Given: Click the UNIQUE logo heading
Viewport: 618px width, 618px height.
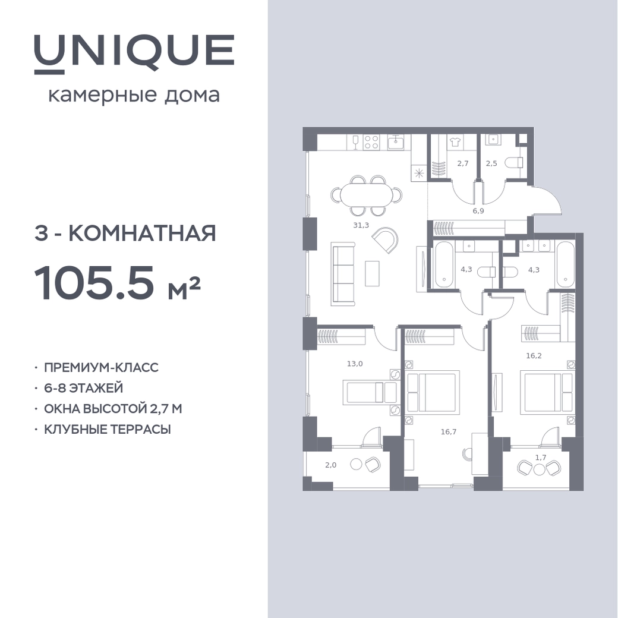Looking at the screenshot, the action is (134, 54).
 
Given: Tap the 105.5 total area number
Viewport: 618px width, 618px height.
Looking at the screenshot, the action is (94, 283).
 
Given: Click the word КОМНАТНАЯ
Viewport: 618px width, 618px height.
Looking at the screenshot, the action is (142, 234).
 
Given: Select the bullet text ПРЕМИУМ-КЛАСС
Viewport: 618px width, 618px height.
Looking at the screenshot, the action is (101, 367).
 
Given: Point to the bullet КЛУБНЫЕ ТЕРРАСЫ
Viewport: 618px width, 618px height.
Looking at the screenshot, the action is (108, 429).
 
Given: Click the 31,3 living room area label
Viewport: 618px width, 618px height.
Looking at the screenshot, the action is (361, 225).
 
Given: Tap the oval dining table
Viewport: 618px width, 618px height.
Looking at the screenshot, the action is (367, 196).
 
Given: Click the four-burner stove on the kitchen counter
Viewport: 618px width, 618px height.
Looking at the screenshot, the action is (371, 142).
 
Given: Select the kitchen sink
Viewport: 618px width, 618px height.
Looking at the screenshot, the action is (395, 142).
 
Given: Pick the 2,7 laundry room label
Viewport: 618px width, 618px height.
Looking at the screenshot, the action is (463, 163).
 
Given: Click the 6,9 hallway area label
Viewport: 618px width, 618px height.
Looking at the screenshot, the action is (478, 211).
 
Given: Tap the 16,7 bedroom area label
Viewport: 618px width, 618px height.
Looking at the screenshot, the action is (449, 432).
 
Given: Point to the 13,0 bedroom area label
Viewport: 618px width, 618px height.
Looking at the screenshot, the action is (355, 364).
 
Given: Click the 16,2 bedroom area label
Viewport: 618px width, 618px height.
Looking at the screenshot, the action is (534, 356).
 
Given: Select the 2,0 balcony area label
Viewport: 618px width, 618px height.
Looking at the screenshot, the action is (330, 465).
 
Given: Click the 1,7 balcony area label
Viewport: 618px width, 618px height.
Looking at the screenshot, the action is (541, 458).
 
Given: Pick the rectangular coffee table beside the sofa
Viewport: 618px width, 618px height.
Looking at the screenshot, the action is (372, 273).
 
